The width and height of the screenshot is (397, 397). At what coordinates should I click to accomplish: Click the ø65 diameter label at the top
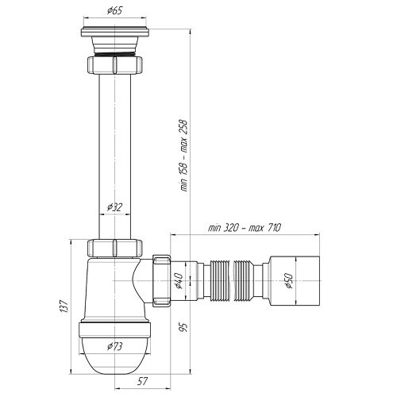point(115,11)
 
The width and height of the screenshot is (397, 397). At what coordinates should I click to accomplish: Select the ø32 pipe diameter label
point(115,207)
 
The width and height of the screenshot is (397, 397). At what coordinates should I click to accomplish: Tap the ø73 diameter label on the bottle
point(115,346)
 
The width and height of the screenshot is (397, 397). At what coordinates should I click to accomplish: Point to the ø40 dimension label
point(179,280)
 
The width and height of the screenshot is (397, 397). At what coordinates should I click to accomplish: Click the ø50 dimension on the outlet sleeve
point(289,281)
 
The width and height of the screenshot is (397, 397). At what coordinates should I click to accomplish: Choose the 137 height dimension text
point(64,306)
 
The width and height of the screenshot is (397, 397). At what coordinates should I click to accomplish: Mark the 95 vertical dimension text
point(183,327)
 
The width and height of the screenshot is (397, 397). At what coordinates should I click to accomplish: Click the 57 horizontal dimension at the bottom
point(142,381)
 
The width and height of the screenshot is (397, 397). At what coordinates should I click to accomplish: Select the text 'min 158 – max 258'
point(183,156)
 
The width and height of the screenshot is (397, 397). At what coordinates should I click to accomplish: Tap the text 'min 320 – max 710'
point(244,228)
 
